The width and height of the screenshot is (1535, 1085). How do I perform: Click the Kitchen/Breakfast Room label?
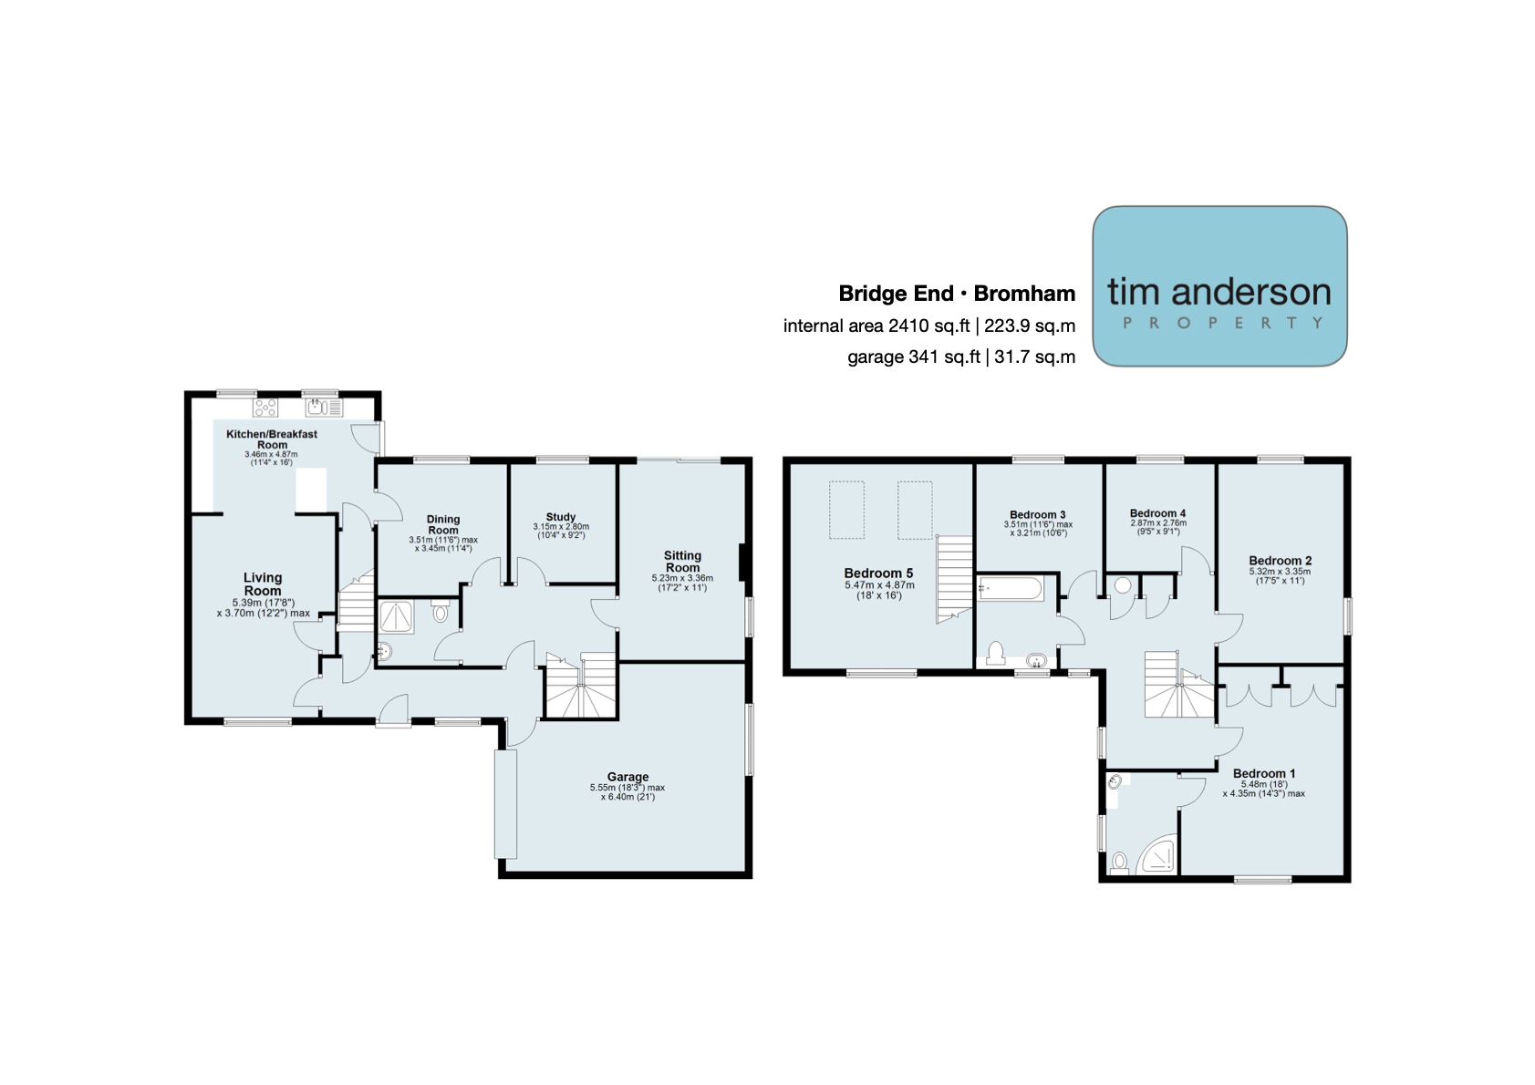[x=272, y=439]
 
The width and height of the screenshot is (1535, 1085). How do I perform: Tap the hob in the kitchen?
[x=266, y=408]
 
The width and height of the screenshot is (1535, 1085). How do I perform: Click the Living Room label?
[x=263, y=584]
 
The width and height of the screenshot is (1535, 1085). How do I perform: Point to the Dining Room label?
[x=443, y=524]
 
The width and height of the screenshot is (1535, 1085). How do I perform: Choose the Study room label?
[x=561, y=517]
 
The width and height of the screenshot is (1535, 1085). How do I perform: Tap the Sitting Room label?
[x=682, y=561]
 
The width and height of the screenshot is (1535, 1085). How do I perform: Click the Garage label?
[x=627, y=777]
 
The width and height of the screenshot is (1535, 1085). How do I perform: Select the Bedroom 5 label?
[x=878, y=573]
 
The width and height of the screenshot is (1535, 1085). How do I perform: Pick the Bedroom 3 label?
[x=1038, y=515]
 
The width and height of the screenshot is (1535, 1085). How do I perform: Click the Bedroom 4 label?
[x=1157, y=513]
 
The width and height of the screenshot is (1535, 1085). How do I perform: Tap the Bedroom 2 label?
[x=1281, y=561]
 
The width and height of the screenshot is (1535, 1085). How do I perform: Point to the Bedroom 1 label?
[x=1263, y=773]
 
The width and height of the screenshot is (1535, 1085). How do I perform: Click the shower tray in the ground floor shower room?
[x=398, y=616]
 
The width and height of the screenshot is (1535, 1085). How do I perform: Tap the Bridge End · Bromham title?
[x=957, y=294]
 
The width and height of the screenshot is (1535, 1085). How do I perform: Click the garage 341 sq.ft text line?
[x=961, y=356]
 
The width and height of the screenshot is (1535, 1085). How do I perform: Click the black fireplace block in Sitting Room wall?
[x=742, y=563]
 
